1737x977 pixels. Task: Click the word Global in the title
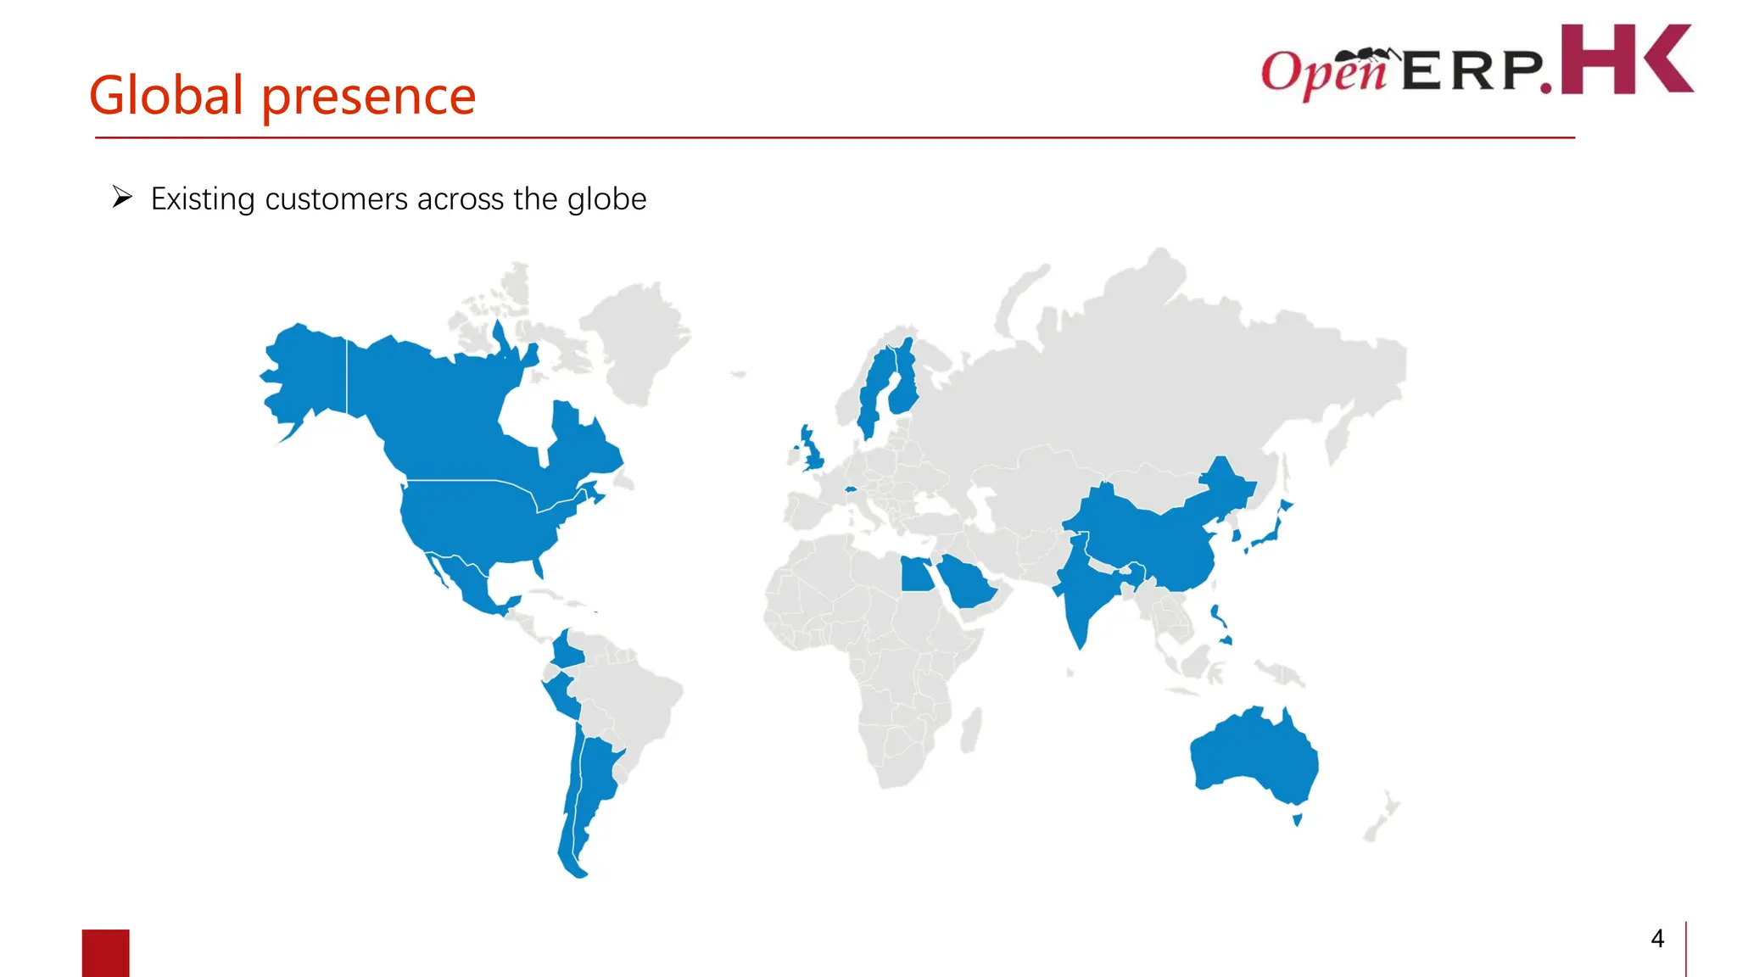(166, 95)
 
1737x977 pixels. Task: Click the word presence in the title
(368, 97)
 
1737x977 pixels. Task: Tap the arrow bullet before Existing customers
(122, 198)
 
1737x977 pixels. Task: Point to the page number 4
(1657, 938)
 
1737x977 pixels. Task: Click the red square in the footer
(106, 952)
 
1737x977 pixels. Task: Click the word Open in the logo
(1323, 72)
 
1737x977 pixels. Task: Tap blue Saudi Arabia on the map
(967, 581)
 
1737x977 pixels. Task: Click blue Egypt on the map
(915, 574)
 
